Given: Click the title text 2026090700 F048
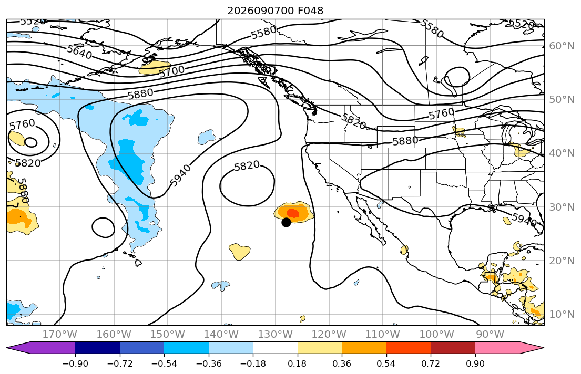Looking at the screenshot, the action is (275, 11).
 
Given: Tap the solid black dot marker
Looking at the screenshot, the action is (286, 222).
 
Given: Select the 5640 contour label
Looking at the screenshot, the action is (79, 52).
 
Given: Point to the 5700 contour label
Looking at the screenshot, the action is (172, 71).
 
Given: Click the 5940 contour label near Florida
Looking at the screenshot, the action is (524, 219).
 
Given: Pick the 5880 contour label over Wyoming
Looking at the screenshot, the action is (405, 141).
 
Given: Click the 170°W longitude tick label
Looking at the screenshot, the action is (60, 335).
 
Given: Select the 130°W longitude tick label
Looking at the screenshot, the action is (276, 335).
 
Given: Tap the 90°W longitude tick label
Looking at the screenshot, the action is (490, 335).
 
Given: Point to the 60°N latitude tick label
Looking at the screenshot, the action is (562, 46).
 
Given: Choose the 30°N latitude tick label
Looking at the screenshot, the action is (562, 207).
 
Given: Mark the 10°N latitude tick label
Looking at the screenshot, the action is (562, 315).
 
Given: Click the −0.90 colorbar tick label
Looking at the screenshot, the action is (75, 363).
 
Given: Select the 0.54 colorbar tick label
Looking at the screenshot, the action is (386, 363).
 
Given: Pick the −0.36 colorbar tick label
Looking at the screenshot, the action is (209, 363).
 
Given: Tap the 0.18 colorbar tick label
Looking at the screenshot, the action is (297, 363).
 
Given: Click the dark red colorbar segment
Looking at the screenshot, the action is (453, 348).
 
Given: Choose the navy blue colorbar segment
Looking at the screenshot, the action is (97, 348).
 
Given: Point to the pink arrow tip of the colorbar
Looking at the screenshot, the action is (543, 348).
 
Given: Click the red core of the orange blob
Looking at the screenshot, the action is (293, 213).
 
